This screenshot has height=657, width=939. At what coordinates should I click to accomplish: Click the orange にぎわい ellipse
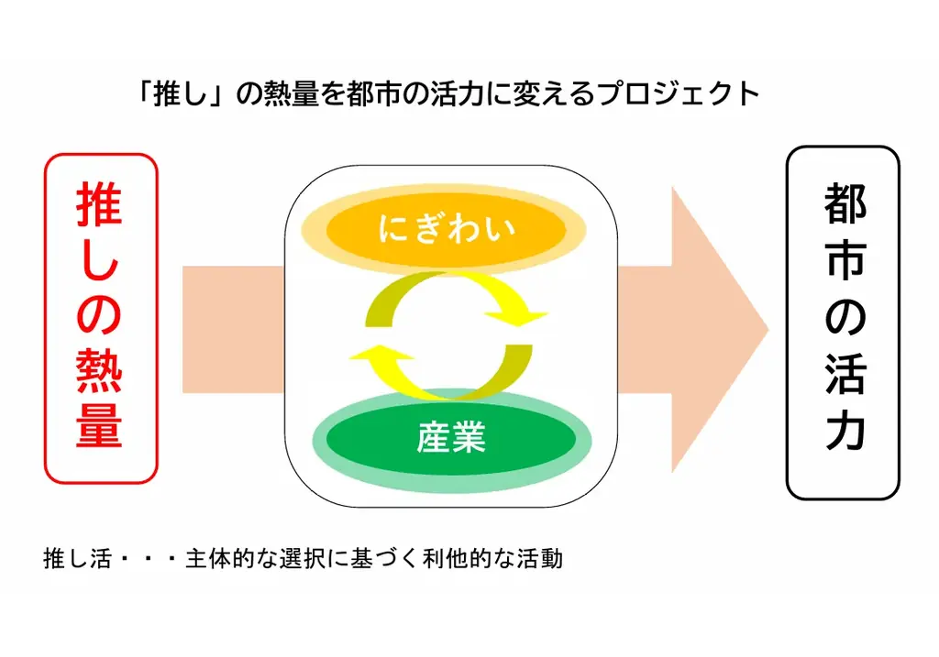(446, 229)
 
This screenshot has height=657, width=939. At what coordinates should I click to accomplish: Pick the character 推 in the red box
(100, 203)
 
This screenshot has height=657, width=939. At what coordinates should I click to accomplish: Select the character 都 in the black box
(845, 203)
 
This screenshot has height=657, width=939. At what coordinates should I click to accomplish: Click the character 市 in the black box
(845, 261)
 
